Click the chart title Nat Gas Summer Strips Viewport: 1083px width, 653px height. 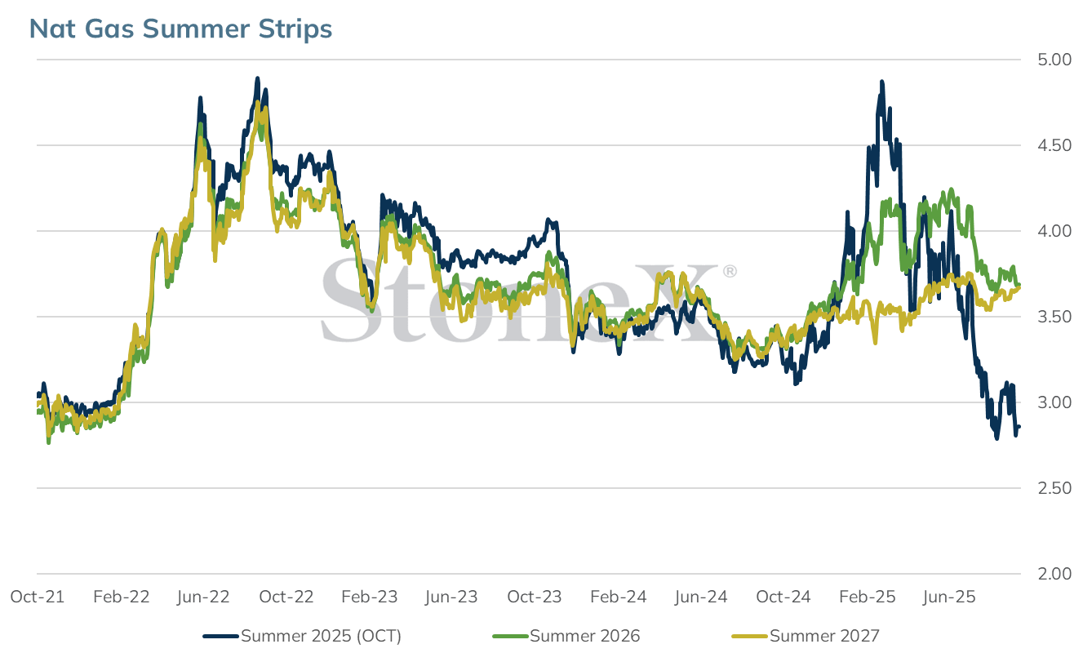181,29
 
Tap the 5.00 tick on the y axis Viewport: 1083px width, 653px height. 1054,60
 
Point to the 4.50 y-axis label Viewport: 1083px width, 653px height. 1054,145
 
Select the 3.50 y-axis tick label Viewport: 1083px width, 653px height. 1054,317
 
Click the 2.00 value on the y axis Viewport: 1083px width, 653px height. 1054,574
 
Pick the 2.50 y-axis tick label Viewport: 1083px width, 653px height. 1054,488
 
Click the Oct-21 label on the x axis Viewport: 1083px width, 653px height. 38,597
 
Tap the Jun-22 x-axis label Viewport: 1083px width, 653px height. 203,597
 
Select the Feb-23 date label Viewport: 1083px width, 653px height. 370,597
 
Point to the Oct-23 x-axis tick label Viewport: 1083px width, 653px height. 535,597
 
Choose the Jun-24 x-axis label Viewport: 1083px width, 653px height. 701,597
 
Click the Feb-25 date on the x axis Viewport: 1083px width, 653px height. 868,597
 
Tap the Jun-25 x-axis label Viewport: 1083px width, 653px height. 949,597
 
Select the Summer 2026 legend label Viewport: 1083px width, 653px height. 584,636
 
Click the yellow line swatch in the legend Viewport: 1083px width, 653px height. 749,637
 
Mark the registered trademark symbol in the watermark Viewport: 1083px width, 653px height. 730,271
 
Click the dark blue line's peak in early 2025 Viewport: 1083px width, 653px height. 882,82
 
